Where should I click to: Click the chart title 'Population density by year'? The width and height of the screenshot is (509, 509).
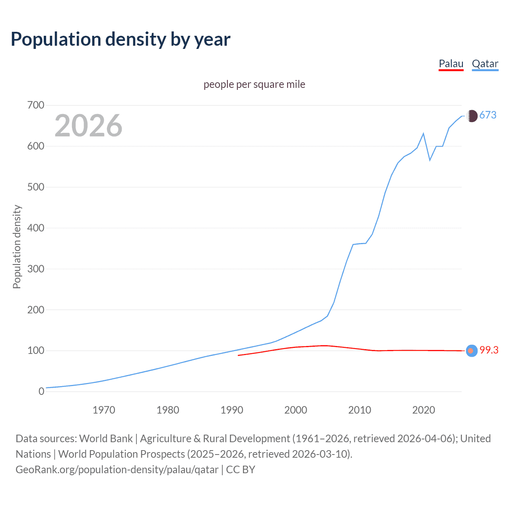coord(120,39)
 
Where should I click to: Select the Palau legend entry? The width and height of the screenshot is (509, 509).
coord(451,64)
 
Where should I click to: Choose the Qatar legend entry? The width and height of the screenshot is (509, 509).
coord(485,64)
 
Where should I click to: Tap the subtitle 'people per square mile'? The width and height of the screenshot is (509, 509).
coord(254,84)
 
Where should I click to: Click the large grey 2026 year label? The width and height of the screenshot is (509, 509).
coord(88,126)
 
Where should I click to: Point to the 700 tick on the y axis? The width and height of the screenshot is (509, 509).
coord(36,105)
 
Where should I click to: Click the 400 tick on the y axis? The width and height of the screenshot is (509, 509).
coord(36,228)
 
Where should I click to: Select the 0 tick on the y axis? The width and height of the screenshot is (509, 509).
coord(41,391)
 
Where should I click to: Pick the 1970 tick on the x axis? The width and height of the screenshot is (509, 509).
coord(104,410)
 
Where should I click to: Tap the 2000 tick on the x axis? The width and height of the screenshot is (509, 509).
coord(295,410)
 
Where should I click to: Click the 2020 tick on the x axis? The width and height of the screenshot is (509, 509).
coord(424,410)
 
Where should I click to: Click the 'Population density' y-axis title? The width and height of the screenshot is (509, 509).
coord(17,247)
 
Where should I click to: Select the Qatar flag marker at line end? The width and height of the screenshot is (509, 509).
coord(472,116)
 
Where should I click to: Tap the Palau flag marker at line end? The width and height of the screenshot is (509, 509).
coord(471,351)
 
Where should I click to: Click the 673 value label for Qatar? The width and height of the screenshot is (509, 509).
coord(488,115)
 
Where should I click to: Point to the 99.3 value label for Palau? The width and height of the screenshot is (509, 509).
coord(489,350)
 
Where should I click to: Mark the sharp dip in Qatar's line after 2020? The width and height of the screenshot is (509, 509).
coord(430,160)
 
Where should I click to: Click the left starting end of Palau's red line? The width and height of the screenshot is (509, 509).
coord(239,355)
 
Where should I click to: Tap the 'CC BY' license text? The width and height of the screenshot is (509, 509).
coord(241,470)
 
